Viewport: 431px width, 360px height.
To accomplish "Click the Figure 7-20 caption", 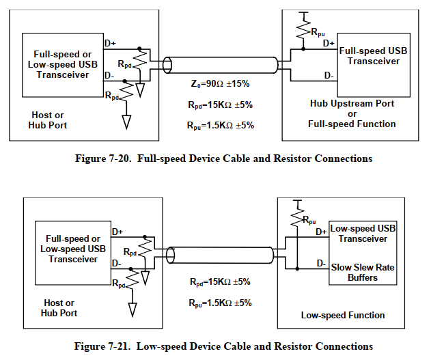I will (x=223, y=158).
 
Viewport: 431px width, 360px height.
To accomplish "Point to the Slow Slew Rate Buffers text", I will (x=363, y=273).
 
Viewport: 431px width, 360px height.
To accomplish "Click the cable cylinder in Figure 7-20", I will (x=222, y=66).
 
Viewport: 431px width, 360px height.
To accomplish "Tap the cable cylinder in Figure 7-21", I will (x=222, y=255).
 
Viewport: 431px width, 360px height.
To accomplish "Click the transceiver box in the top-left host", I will (x=61, y=64).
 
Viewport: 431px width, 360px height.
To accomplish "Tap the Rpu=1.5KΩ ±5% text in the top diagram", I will (x=221, y=126).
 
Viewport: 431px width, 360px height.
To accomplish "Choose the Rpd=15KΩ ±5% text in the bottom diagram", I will (x=221, y=281).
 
